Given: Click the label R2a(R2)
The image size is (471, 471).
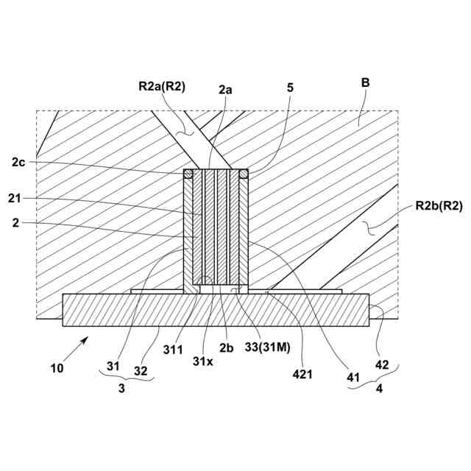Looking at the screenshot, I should click(161, 86).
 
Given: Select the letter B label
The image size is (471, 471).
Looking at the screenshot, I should click(364, 85).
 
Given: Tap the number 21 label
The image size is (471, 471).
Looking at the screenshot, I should click(17, 199).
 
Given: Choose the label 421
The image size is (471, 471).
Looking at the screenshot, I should click(302, 374).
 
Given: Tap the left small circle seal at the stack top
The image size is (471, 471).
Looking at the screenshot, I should click(188, 174).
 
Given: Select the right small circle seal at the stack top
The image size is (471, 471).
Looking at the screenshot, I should click(244, 174).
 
